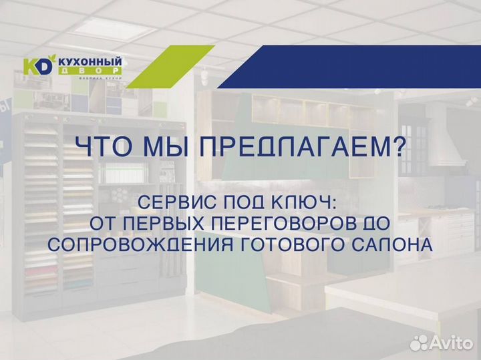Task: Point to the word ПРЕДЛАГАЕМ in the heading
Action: coord(294,147)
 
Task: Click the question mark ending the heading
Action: coord(397,147)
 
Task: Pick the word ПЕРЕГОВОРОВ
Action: coord(275,223)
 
